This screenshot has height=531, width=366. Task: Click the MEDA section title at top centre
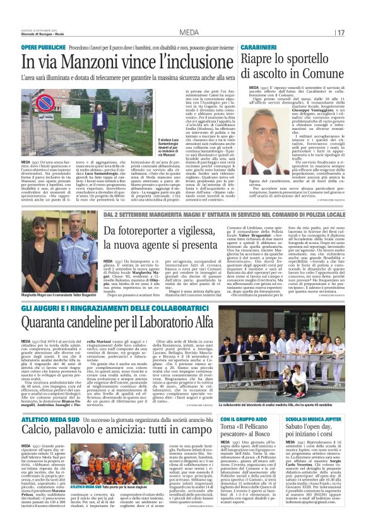point(189,33)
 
